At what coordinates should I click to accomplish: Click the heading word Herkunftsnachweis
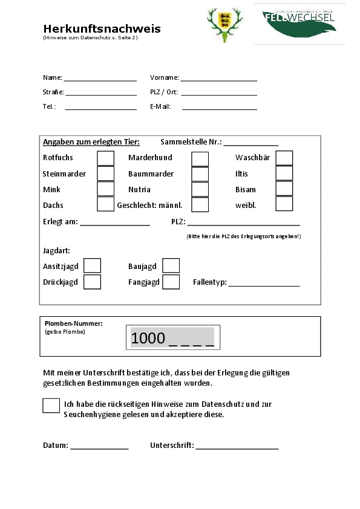click(x=102, y=29)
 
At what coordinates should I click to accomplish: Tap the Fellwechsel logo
click(x=299, y=23)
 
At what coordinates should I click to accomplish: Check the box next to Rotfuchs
click(x=105, y=158)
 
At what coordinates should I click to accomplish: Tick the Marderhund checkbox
click(x=200, y=158)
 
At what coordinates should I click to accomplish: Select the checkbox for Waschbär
click(x=284, y=158)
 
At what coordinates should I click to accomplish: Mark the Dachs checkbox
click(x=105, y=204)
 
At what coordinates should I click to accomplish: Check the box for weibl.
click(x=284, y=204)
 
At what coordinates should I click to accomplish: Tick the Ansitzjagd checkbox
click(x=92, y=266)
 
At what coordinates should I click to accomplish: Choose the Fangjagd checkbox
click(x=171, y=282)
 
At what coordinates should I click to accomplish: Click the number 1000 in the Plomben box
click(x=148, y=339)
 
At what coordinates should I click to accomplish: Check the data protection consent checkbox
click(x=51, y=405)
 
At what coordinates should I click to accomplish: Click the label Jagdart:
click(x=56, y=250)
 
